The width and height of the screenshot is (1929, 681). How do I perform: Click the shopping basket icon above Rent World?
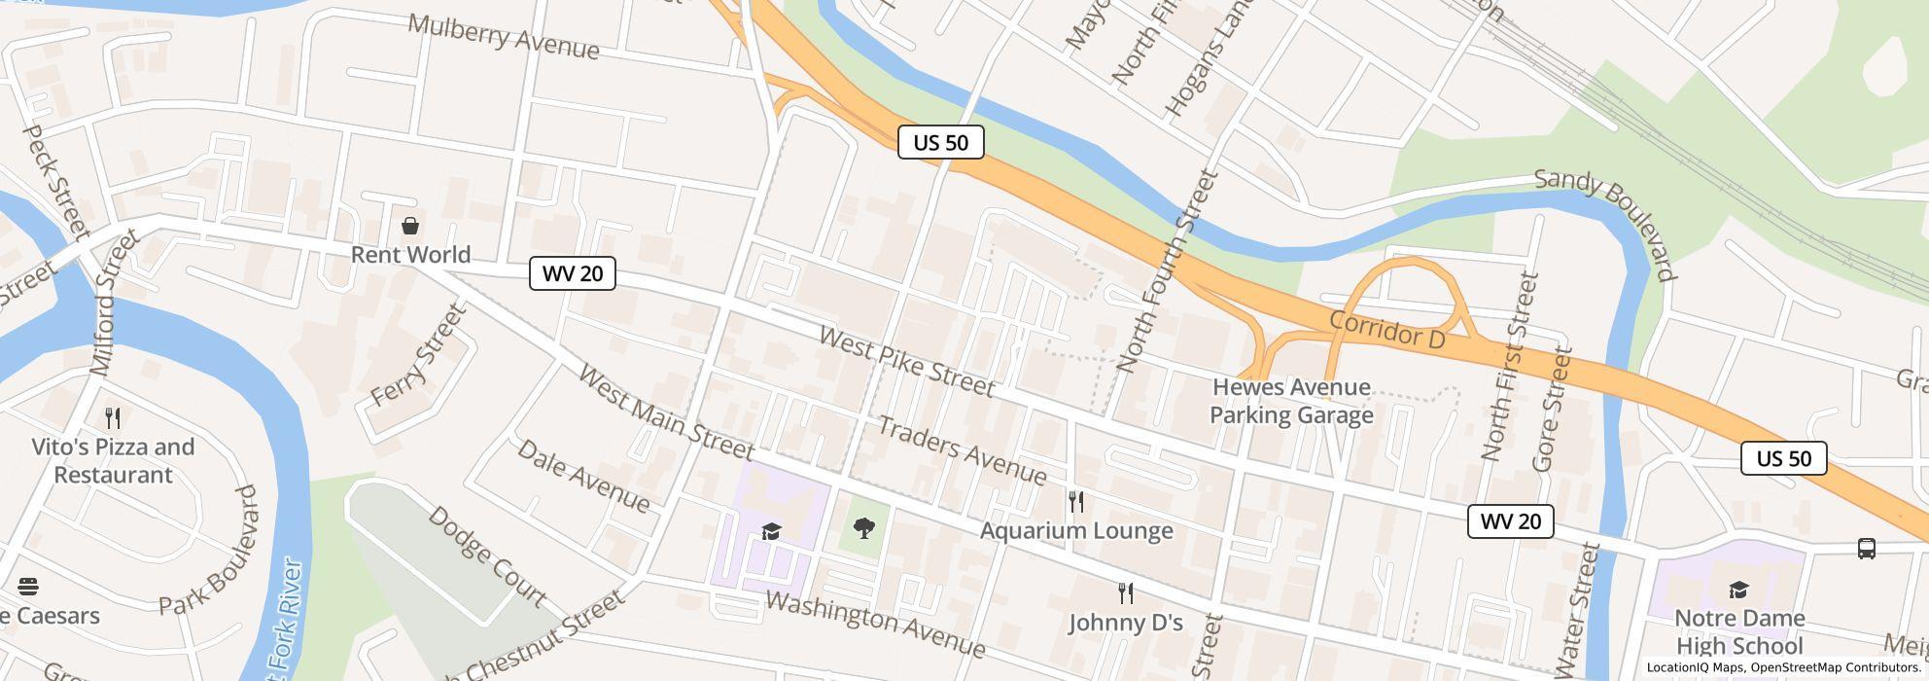[x=410, y=227]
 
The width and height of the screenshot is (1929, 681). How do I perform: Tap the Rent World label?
[x=410, y=255]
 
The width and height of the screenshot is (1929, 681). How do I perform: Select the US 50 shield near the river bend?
[x=940, y=142]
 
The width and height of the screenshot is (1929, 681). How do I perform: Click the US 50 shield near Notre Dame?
[x=1783, y=458]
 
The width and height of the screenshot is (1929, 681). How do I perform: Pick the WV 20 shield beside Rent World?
[x=572, y=273]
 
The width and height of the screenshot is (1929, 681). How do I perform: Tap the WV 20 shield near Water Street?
[x=1510, y=521]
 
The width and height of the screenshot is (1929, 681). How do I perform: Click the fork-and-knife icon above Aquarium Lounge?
[x=1075, y=502]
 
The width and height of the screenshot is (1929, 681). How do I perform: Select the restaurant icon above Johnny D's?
[x=1125, y=593]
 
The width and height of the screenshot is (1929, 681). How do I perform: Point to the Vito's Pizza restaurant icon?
[x=113, y=418]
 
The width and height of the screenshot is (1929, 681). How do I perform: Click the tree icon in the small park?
[x=862, y=528]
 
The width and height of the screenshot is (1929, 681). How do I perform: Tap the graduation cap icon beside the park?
[x=771, y=531]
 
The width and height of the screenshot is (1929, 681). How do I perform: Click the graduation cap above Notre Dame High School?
[x=1738, y=590]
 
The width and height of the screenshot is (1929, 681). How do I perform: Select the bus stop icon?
[x=1866, y=549]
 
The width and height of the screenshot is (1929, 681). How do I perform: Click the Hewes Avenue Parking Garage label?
[x=1291, y=401]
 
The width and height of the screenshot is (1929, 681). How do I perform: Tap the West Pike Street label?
[x=906, y=362]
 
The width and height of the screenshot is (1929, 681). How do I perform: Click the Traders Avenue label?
[x=962, y=449]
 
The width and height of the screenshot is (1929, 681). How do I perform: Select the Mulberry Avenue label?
[x=503, y=37]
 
